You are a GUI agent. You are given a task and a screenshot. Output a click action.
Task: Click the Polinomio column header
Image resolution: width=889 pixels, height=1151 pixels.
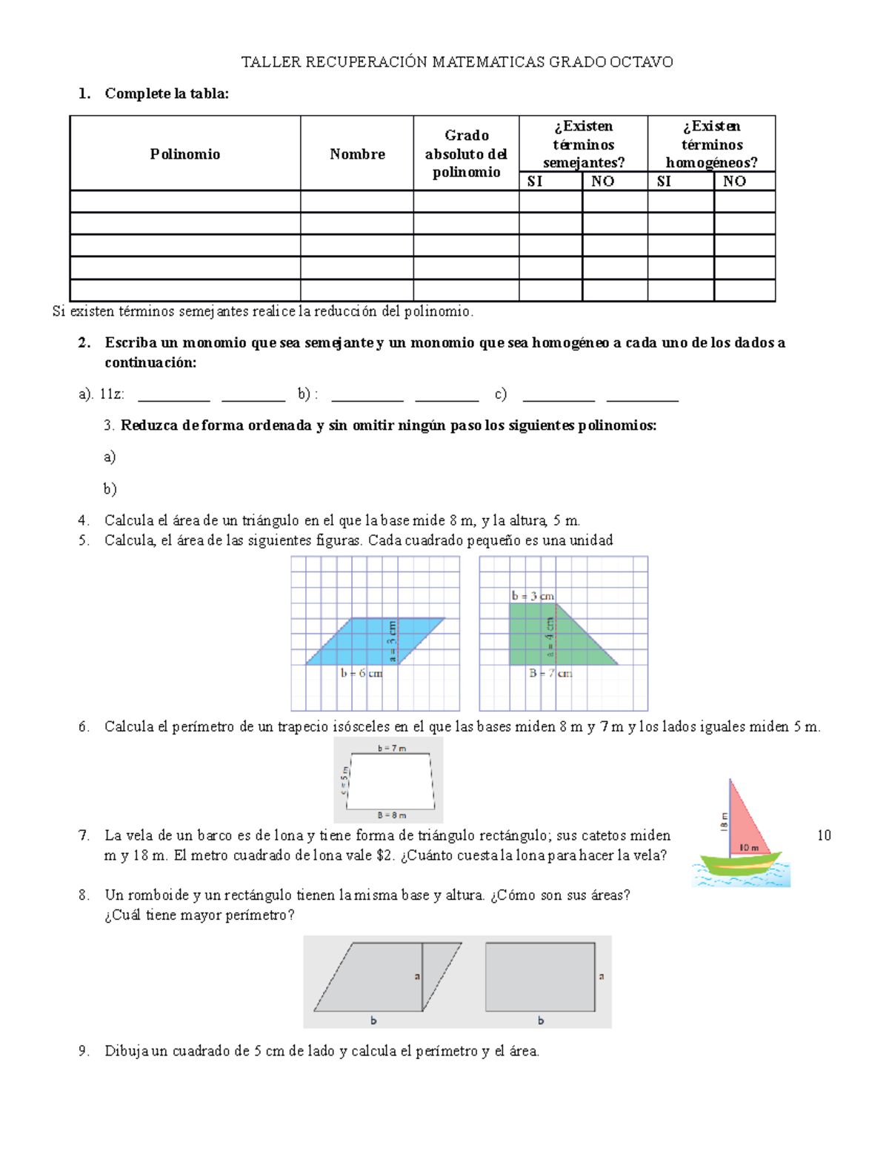click(184, 154)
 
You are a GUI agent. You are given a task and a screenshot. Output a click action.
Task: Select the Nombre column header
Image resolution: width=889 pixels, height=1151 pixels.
click(357, 154)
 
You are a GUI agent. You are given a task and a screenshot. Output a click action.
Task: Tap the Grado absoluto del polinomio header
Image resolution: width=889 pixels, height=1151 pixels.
click(466, 153)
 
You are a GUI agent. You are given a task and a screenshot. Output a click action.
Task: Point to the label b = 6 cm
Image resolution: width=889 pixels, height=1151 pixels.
click(362, 673)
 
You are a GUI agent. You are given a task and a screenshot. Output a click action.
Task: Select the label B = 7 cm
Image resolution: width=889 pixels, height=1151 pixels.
click(550, 673)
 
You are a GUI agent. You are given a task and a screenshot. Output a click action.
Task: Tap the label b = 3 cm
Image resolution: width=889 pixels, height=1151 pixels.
click(533, 596)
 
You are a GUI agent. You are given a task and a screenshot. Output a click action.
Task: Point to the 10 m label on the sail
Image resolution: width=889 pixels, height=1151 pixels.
click(749, 847)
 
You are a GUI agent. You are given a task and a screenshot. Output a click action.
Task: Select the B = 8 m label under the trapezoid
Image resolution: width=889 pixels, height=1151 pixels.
click(391, 815)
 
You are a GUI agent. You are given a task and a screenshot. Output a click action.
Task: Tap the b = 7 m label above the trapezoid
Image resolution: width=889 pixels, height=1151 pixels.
click(391, 749)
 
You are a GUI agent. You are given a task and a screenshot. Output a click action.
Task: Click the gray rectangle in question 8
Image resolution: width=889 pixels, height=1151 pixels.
click(540, 977)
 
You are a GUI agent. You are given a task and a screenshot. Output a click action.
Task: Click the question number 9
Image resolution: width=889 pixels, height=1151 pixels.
click(84, 1051)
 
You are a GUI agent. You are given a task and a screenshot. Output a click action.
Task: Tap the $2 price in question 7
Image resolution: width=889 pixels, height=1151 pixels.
click(384, 855)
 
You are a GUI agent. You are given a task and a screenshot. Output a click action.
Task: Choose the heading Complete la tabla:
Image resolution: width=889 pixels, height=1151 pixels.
click(167, 93)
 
